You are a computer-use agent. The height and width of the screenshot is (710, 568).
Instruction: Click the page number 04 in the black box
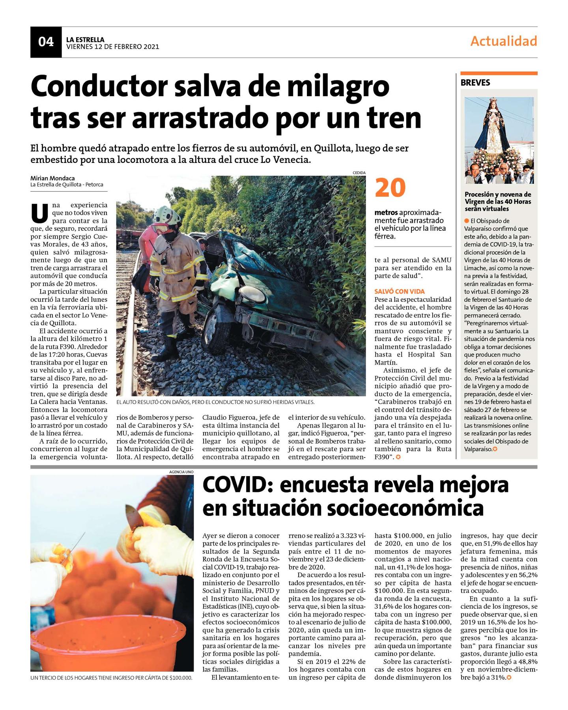[46, 42]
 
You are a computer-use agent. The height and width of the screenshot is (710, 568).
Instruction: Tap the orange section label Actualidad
[503, 41]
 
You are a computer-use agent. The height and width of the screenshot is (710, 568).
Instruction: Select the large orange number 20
[390, 188]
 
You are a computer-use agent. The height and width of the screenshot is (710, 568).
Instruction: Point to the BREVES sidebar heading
[475, 83]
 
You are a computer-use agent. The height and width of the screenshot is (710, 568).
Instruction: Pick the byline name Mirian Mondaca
[52, 178]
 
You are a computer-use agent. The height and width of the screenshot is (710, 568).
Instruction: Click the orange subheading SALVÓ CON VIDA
[399, 291]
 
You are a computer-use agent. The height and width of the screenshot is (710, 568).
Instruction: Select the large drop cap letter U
[39, 213]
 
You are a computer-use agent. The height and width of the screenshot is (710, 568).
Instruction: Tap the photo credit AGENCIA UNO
[181, 472]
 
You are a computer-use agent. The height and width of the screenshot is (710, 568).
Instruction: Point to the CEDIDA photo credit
[359, 173]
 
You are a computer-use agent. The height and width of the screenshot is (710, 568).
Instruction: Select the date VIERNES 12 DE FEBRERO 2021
[112, 47]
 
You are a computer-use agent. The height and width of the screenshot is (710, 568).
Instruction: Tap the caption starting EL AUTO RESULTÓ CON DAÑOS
[215, 402]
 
